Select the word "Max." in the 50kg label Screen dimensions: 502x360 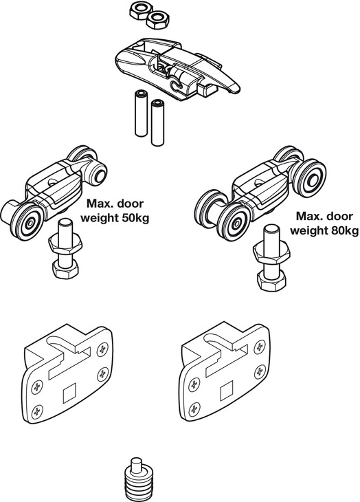point(98,205)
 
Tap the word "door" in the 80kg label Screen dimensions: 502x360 point(342,216)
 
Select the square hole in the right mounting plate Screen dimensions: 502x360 point(227,394)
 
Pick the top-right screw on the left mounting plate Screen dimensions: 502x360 point(101,348)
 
